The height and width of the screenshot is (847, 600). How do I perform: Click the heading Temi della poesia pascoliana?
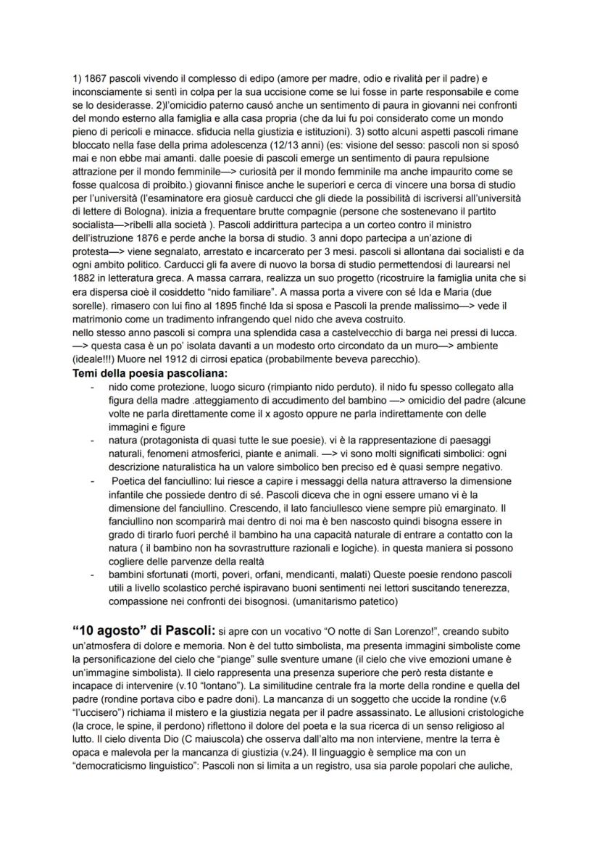point(150,373)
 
